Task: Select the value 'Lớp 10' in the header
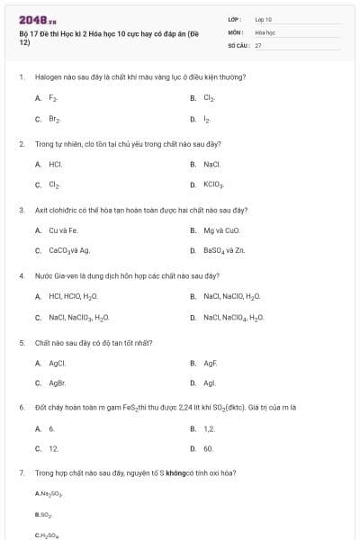[264, 18]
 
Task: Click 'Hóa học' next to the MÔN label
[264, 31]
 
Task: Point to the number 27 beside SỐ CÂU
[258, 44]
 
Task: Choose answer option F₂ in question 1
[53, 97]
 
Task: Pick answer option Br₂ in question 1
[54, 118]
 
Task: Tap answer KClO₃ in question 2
[213, 185]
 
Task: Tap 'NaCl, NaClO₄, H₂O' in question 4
[233, 318]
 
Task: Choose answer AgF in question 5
[210, 363]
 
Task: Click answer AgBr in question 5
[57, 382]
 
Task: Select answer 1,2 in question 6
[209, 428]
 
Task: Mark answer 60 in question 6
[208, 448]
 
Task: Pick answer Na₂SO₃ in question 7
[49, 494]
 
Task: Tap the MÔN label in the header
[236, 31]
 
